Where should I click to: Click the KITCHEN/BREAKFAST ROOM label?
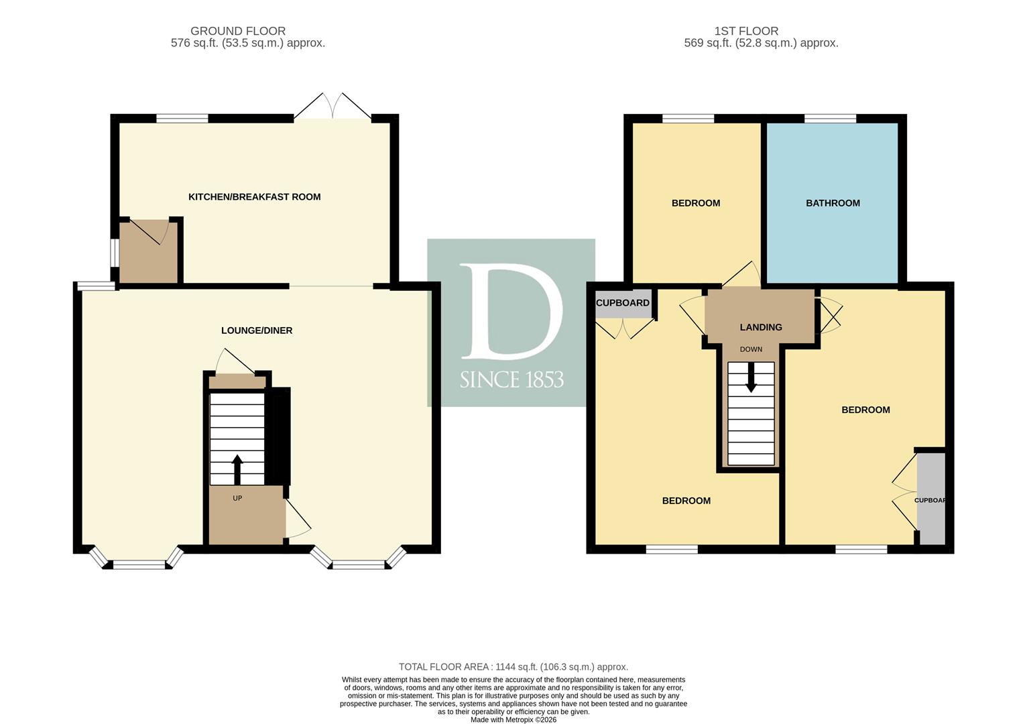[255, 197]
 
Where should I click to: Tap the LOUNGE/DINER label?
[257, 330]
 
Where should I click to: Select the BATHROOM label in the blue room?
[833, 203]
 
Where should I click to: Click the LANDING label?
[761, 327]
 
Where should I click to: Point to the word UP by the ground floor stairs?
[237, 498]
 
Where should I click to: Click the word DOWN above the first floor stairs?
[751, 349]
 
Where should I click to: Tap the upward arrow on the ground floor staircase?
[237, 469]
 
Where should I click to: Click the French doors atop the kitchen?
[333, 107]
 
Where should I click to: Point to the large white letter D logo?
[510, 311]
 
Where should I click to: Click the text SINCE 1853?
[511, 380]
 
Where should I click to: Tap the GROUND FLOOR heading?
[238, 32]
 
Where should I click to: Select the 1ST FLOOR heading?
[746, 32]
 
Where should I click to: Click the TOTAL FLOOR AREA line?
[513, 667]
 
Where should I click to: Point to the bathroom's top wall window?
[831, 118]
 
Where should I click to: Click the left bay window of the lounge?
[137, 559]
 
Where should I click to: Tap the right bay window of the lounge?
[359, 559]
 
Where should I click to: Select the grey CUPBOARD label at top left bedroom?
[623, 303]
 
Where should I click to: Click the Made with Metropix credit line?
[513, 719]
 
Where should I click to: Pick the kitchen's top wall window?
[182, 118]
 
